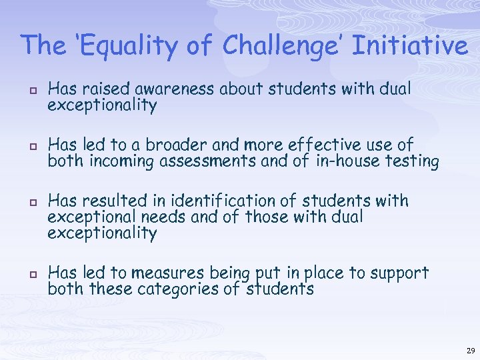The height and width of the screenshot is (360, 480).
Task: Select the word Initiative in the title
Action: pyautogui.click(x=407, y=45)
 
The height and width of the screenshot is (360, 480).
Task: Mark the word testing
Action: pyautogui.click(x=412, y=162)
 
